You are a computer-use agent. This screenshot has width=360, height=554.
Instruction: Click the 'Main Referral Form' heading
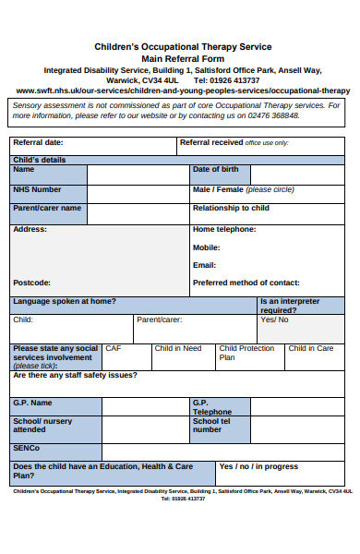click(x=183, y=57)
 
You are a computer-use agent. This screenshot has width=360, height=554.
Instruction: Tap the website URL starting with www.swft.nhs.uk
click(x=183, y=90)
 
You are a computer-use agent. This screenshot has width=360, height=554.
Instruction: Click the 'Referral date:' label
click(x=39, y=143)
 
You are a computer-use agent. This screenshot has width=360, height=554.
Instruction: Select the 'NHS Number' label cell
click(x=37, y=189)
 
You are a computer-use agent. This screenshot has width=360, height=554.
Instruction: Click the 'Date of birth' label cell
click(x=215, y=170)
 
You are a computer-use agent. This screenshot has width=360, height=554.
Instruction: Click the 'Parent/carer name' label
click(x=47, y=209)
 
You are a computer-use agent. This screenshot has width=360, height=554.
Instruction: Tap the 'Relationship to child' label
click(x=231, y=209)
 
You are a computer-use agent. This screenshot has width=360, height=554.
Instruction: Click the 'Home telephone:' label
click(x=224, y=229)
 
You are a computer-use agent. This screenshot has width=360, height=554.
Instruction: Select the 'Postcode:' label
click(x=32, y=283)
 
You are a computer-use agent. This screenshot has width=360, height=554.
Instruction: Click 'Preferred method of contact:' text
click(x=246, y=283)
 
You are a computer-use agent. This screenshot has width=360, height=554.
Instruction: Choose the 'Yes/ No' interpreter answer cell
click(x=274, y=320)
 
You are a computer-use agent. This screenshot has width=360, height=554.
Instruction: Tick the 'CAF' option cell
click(x=114, y=349)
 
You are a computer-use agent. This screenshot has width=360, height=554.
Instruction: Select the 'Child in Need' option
click(x=178, y=349)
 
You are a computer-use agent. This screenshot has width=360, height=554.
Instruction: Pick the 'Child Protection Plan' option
click(x=246, y=353)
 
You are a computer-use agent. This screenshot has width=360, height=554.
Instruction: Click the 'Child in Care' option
click(x=311, y=349)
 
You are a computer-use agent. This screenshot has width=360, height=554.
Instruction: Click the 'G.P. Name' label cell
click(x=33, y=403)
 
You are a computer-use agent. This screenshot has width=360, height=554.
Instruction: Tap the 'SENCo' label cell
click(x=28, y=449)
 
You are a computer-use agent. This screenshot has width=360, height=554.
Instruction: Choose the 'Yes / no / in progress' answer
click(x=258, y=467)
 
